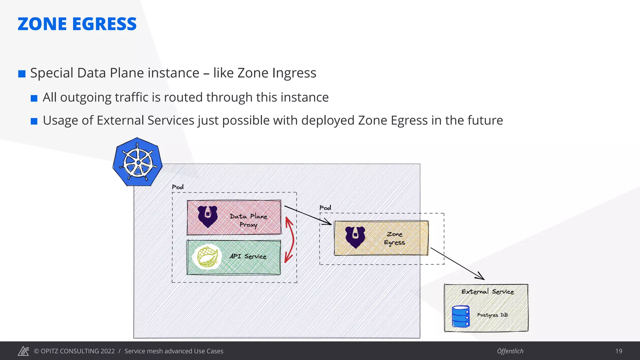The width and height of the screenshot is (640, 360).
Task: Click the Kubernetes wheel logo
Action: (137, 162)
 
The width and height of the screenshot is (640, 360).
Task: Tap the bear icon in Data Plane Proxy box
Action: (207, 216)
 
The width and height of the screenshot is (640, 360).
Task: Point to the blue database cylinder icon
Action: (461, 316)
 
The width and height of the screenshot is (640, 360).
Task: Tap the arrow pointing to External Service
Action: (458, 264)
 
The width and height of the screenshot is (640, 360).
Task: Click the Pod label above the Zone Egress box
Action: (325, 208)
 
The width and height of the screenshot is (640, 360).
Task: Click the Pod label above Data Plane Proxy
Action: (177, 187)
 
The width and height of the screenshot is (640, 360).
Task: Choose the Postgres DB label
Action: (492, 315)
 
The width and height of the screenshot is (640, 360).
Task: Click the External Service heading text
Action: (487, 292)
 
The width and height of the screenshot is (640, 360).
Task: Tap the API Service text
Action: (248, 256)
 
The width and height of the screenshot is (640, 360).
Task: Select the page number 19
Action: (618, 351)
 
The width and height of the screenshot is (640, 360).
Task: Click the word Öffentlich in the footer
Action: (510, 351)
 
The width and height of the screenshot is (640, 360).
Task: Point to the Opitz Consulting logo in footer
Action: (23, 351)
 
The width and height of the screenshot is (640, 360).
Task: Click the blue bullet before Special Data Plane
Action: (22, 74)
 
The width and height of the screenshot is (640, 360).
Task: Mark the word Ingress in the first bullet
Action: (294, 73)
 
